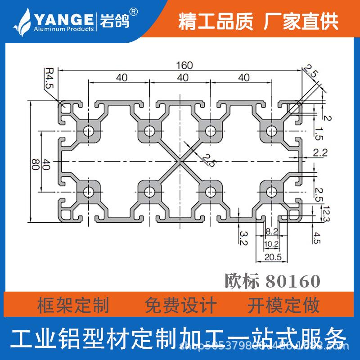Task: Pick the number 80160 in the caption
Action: pos(293,281)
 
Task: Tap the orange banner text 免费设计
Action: pos(181,306)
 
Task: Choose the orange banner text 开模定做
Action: pos(283,306)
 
